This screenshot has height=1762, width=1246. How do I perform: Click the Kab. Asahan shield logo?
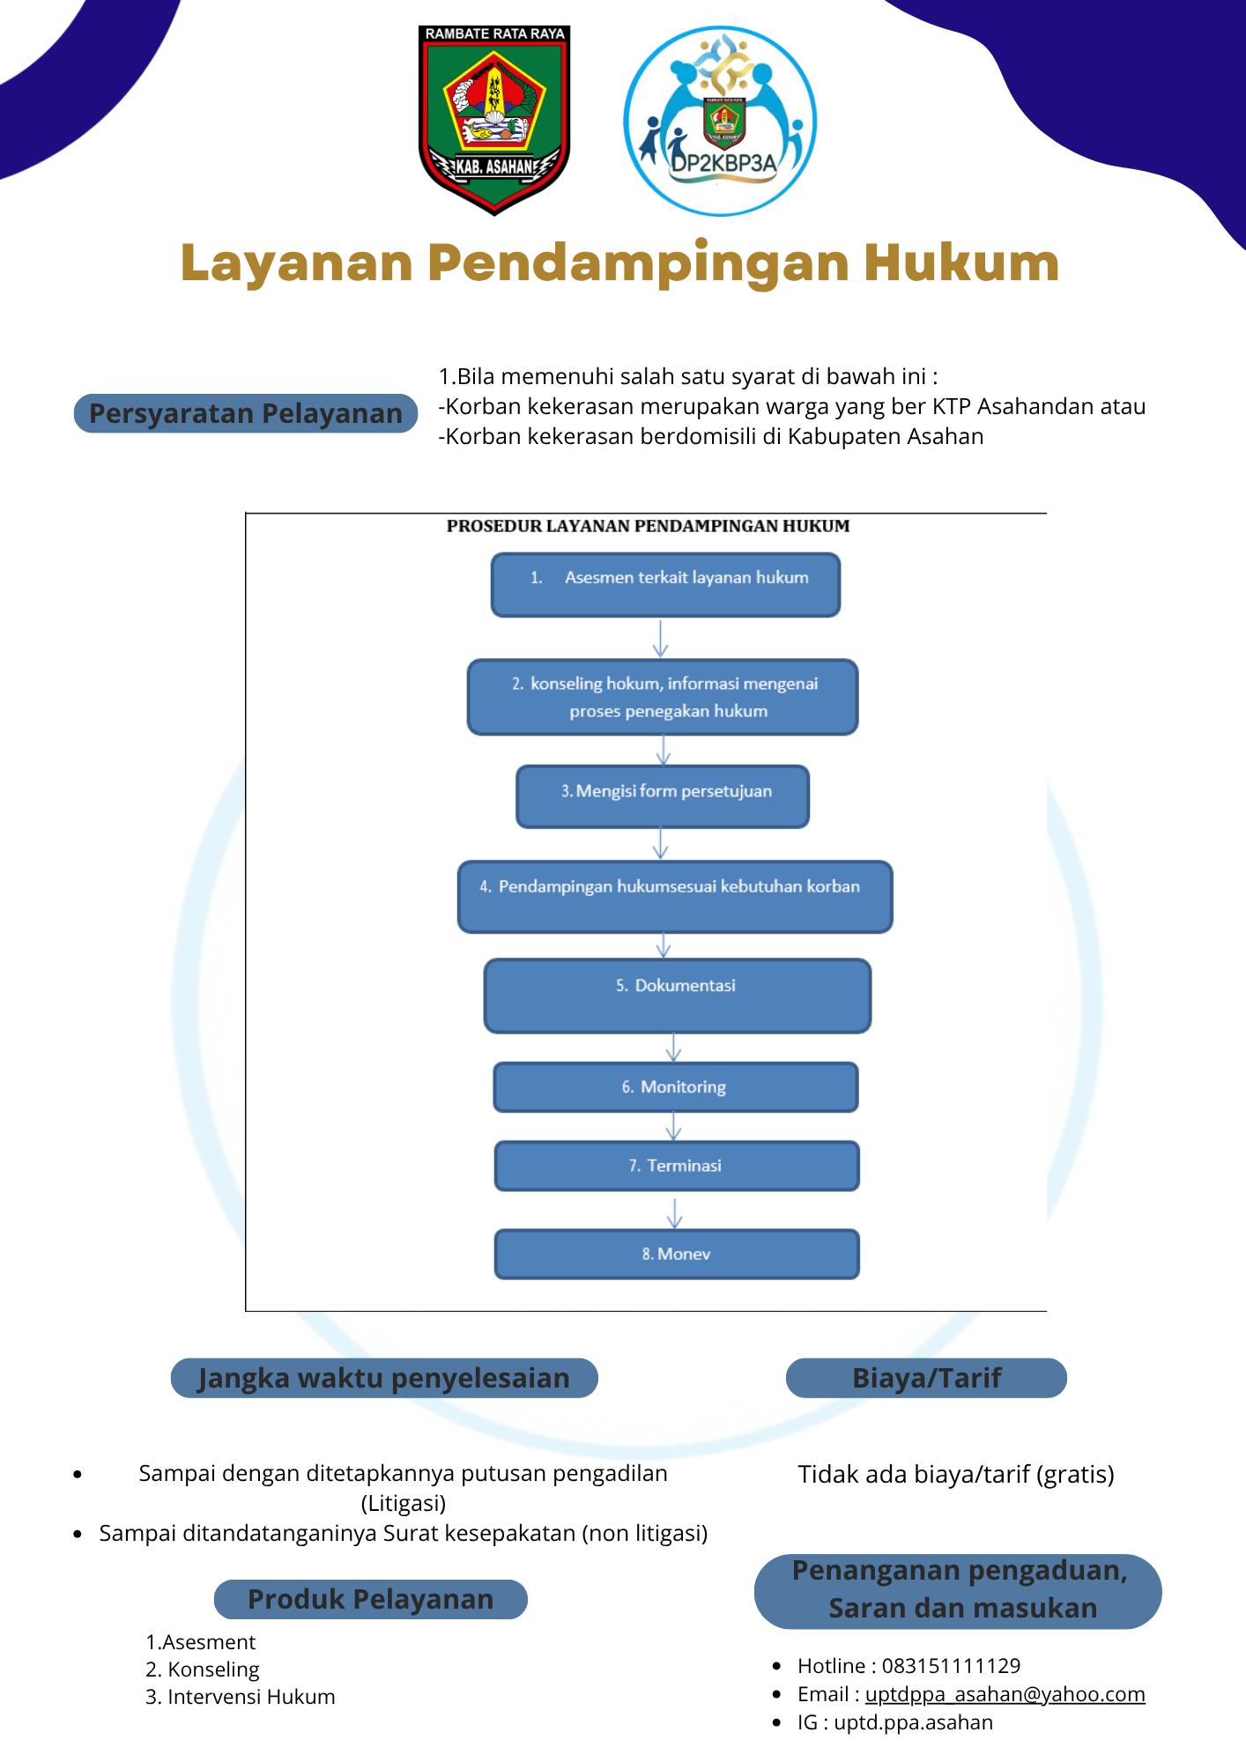coord(493,120)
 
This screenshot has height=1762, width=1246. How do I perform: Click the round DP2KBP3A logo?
coord(720,121)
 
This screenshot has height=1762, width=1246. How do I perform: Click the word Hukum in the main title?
coord(961,263)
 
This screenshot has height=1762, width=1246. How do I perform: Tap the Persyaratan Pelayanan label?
coord(246,413)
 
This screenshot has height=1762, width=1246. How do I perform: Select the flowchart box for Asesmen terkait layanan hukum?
coord(665,585)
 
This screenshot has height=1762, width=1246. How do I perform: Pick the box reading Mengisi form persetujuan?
coord(663,796)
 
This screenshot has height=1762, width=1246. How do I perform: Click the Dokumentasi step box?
coord(678,996)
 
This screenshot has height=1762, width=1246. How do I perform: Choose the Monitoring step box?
coord(676,1087)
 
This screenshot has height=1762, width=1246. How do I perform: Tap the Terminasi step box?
coord(677,1166)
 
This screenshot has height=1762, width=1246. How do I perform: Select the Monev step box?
coord(677,1254)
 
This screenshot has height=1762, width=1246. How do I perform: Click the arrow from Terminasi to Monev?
coord(675,1213)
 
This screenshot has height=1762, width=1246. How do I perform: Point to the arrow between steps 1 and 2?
coord(661,639)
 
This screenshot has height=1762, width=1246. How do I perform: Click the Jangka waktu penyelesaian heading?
coord(384,1378)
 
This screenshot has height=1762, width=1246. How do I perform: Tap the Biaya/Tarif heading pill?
coord(926,1378)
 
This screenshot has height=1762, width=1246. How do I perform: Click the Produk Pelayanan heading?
coord(371,1599)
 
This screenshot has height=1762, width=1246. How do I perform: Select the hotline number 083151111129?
coord(951,1666)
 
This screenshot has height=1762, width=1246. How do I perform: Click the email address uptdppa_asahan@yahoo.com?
coord(1005,1694)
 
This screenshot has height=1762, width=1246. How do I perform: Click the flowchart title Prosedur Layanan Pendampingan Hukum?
coord(648,526)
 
